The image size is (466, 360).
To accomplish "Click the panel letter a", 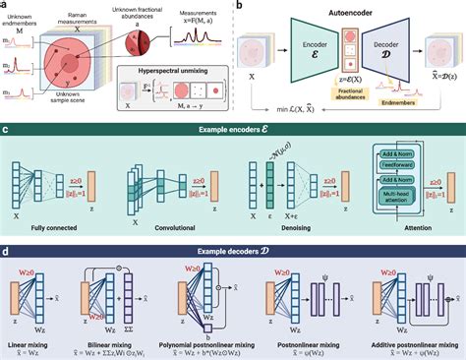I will click(x=6, y=6).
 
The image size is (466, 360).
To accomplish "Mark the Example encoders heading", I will click(x=233, y=131).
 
